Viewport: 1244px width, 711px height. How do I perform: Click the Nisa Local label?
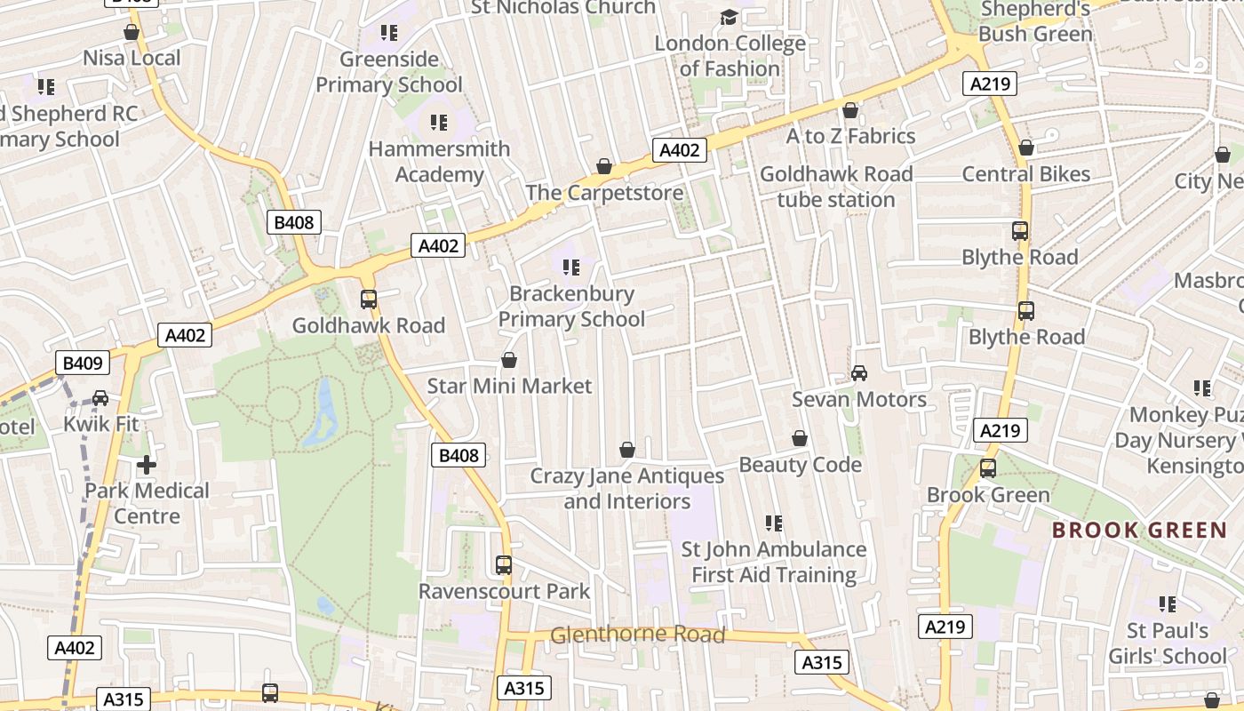tap(132, 59)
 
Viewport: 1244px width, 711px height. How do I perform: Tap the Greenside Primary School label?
tap(389, 72)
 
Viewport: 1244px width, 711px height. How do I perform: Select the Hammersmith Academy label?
tap(439, 162)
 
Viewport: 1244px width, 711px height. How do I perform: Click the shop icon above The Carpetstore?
tap(604, 166)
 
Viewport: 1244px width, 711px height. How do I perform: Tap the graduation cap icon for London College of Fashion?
tap(729, 17)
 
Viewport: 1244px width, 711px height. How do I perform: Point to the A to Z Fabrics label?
tap(850, 136)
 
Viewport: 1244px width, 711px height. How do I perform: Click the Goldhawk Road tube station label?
tap(836, 187)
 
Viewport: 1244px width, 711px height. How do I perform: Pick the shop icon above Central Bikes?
tap(1026, 148)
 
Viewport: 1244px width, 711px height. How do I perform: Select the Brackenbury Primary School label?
tap(571, 307)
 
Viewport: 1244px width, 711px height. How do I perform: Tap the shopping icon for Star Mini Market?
tap(509, 360)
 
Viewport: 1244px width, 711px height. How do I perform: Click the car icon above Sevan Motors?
tap(859, 373)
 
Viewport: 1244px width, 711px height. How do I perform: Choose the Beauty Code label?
tap(800, 465)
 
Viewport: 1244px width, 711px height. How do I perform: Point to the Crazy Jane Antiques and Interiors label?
tap(627, 489)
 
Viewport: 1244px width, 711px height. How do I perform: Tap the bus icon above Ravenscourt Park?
tap(504, 564)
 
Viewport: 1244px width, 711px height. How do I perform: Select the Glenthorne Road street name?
tap(638, 635)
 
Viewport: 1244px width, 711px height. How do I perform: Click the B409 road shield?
tap(84, 363)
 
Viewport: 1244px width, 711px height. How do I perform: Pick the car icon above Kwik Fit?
tap(100, 398)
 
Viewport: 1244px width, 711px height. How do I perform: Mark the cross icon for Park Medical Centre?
tap(147, 465)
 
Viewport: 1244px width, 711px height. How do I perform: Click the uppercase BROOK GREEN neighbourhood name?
tap(1139, 531)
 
